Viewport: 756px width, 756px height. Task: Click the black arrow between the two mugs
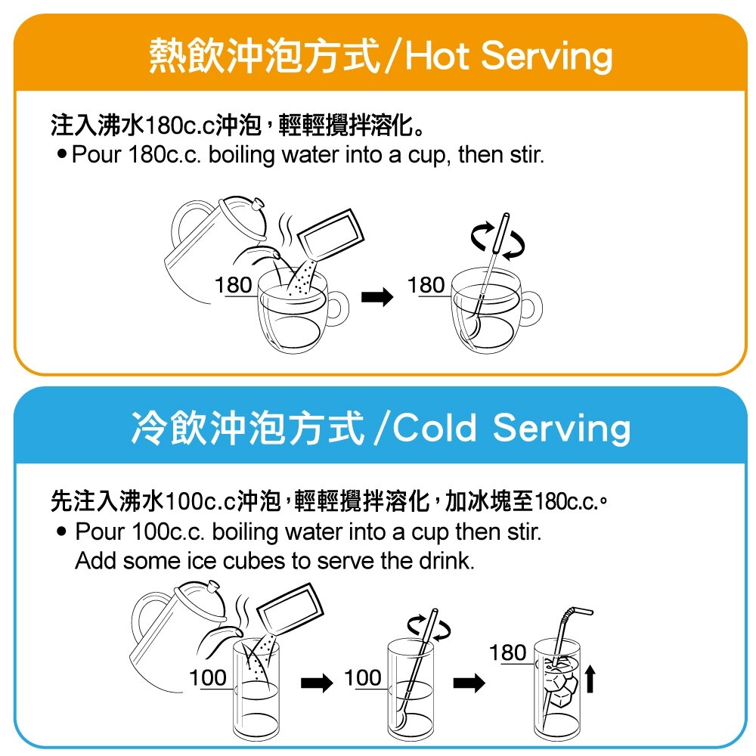pos(377,296)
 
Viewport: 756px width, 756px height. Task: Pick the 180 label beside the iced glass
pos(507,653)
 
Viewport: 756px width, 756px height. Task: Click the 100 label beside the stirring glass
pos(363,678)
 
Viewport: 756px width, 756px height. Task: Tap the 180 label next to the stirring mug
pos(426,285)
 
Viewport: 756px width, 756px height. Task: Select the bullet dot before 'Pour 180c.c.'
pos(62,153)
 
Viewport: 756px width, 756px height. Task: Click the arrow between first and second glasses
pos(317,683)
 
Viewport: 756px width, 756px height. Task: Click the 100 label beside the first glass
pos(208,678)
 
